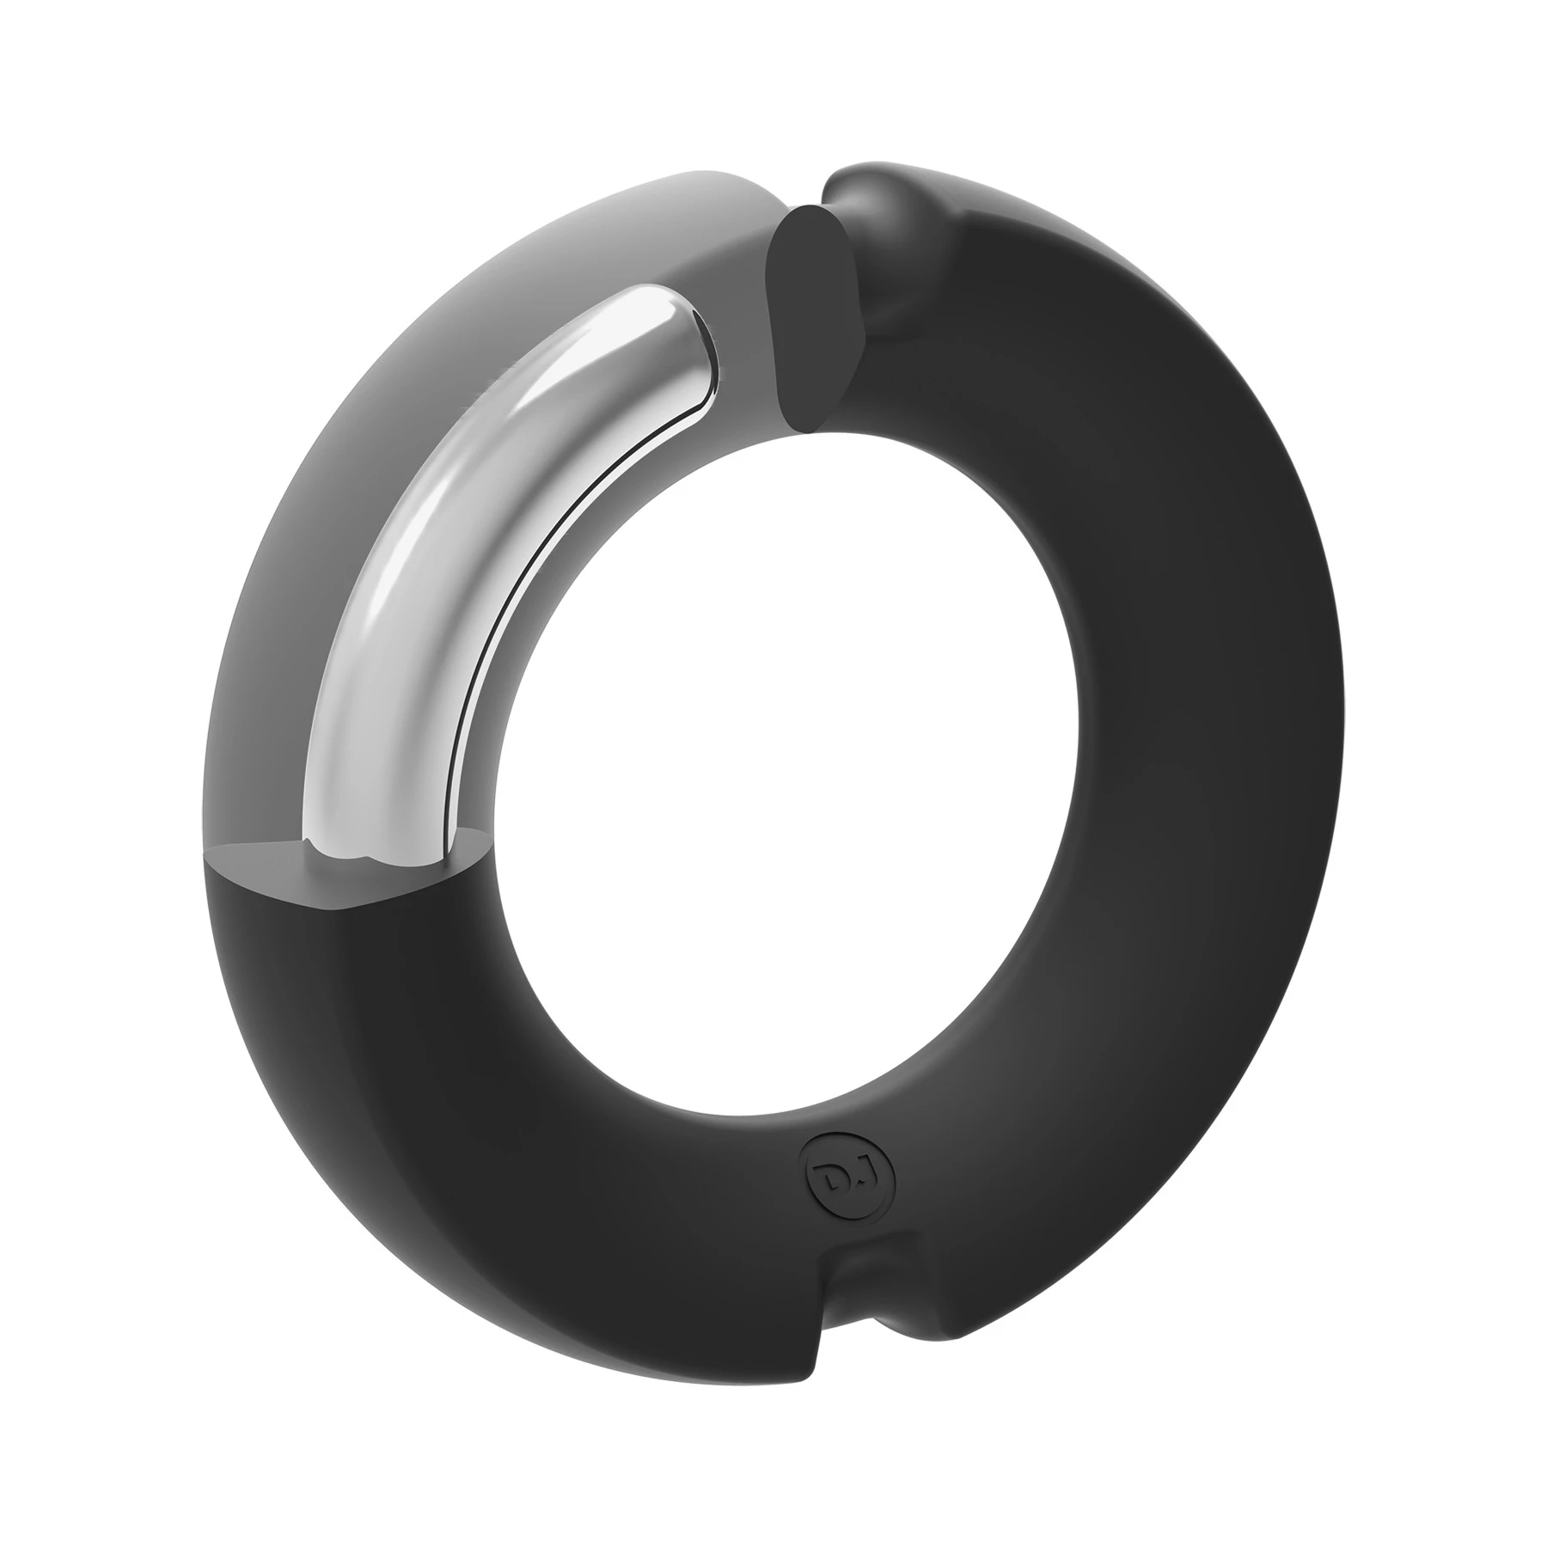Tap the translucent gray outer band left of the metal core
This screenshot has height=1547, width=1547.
pos(284,559)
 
